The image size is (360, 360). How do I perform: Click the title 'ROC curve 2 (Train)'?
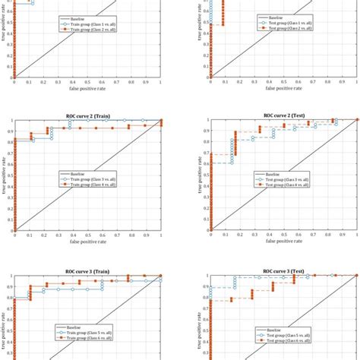[x=87, y=115]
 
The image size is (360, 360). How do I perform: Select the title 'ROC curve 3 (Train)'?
[x=87, y=270]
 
